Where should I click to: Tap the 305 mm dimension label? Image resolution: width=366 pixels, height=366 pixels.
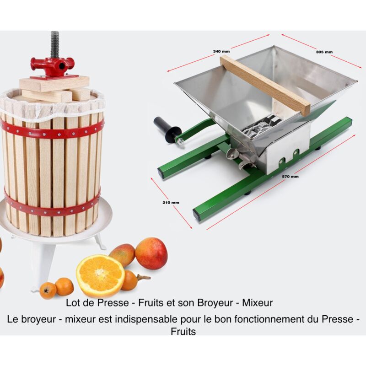click(x=324, y=52)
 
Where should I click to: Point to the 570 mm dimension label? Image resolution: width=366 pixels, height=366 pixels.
click(x=291, y=176)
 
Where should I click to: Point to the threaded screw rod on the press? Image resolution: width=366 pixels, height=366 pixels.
click(x=55, y=44)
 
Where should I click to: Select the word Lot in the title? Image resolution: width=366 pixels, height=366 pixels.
click(x=73, y=302)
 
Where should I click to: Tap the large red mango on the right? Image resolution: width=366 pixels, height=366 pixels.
click(x=151, y=253)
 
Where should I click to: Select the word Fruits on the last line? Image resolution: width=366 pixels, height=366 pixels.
click(x=183, y=332)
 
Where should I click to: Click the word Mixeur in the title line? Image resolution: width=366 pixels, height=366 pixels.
click(x=258, y=302)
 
